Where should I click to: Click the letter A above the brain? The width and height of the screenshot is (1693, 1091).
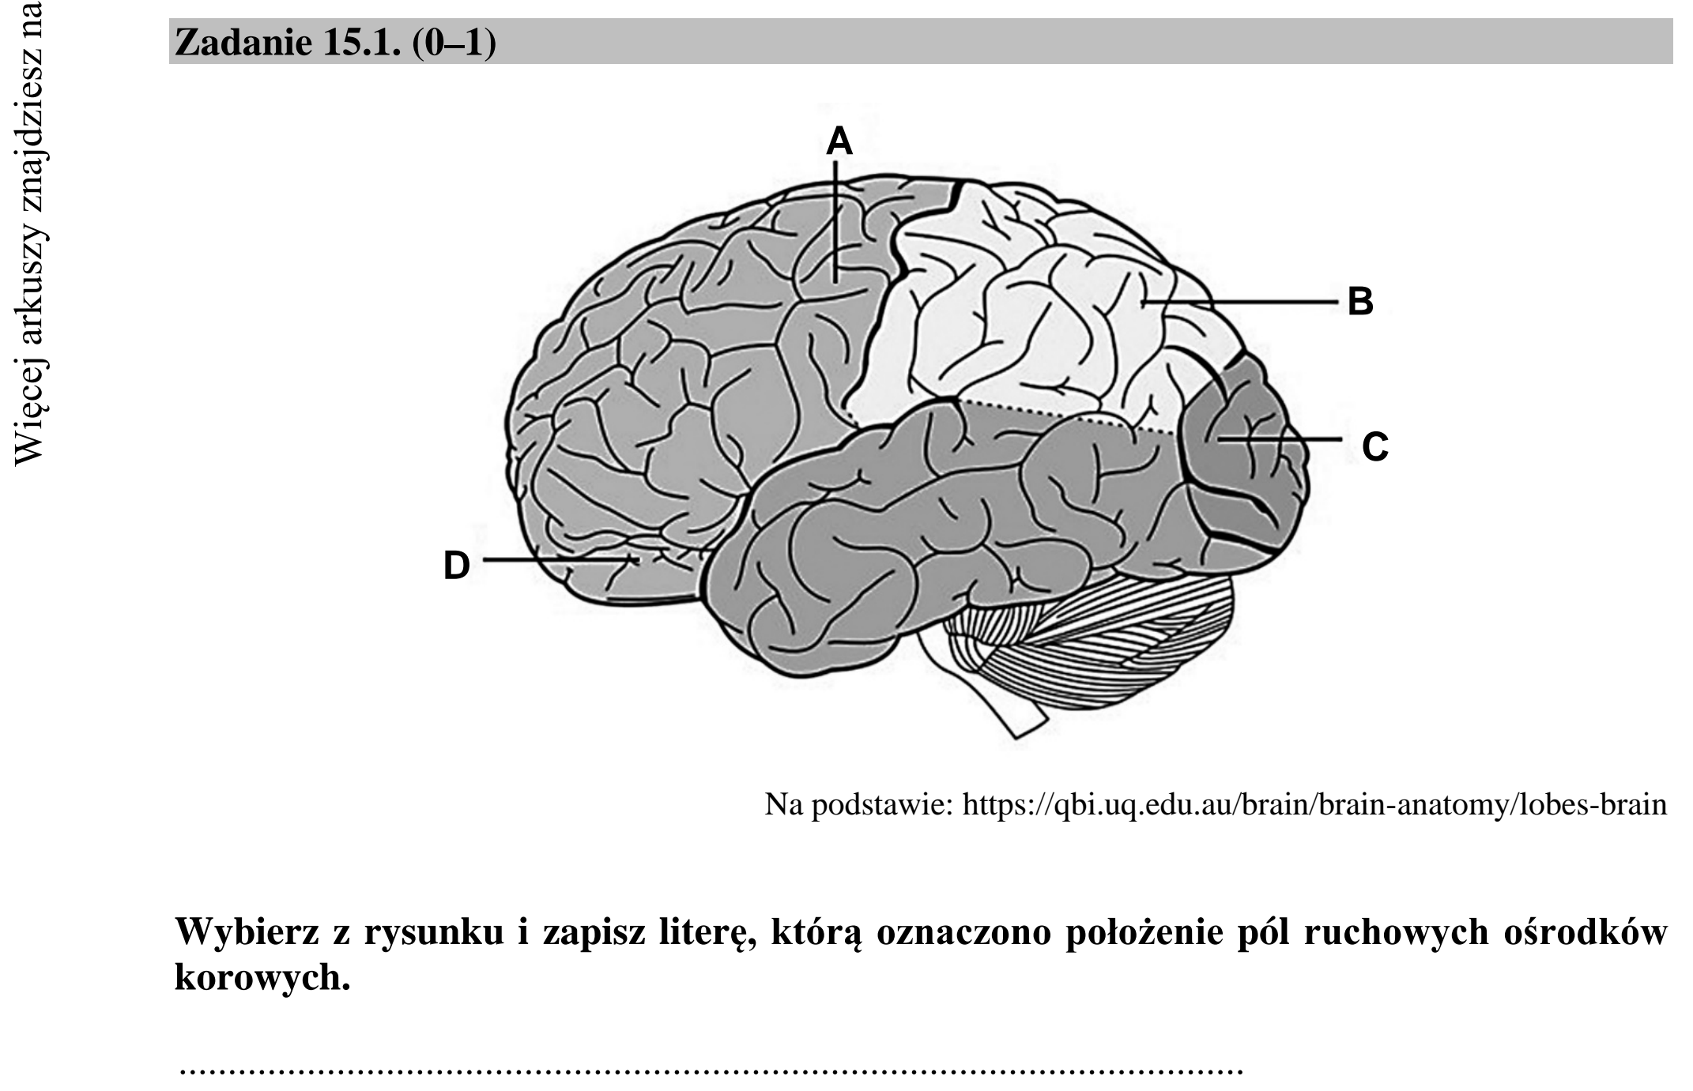pos(839,142)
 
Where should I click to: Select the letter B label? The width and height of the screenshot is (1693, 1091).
pos(1360,302)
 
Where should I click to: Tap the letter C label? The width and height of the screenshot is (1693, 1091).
pos(1375,447)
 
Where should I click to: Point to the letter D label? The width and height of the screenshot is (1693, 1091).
pos(457,566)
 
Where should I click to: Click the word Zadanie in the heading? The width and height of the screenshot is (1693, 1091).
pos(243,42)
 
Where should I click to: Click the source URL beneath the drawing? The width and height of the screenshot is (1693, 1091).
pos(1314,805)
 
